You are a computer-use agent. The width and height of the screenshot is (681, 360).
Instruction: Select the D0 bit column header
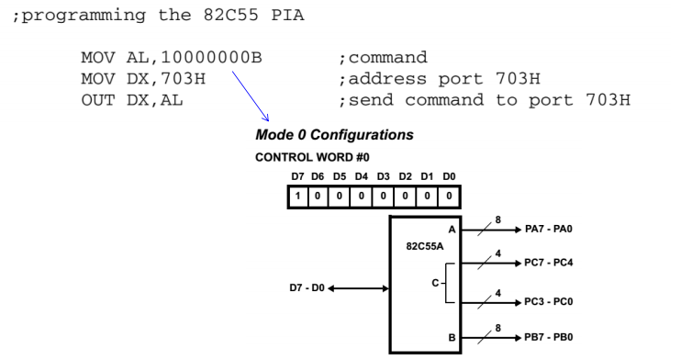[x=448, y=175]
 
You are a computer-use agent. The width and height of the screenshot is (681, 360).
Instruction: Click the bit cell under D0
[x=449, y=196]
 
